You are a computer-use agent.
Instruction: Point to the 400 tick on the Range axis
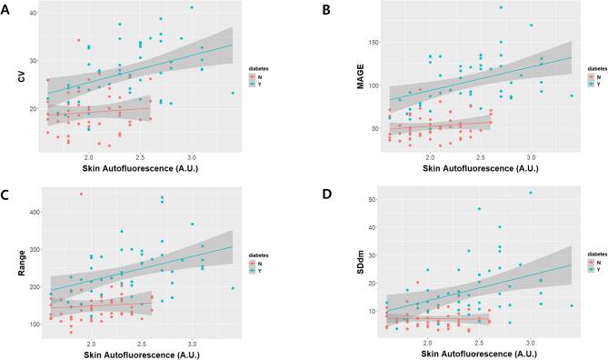32,212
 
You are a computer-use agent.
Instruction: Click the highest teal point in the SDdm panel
531,193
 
